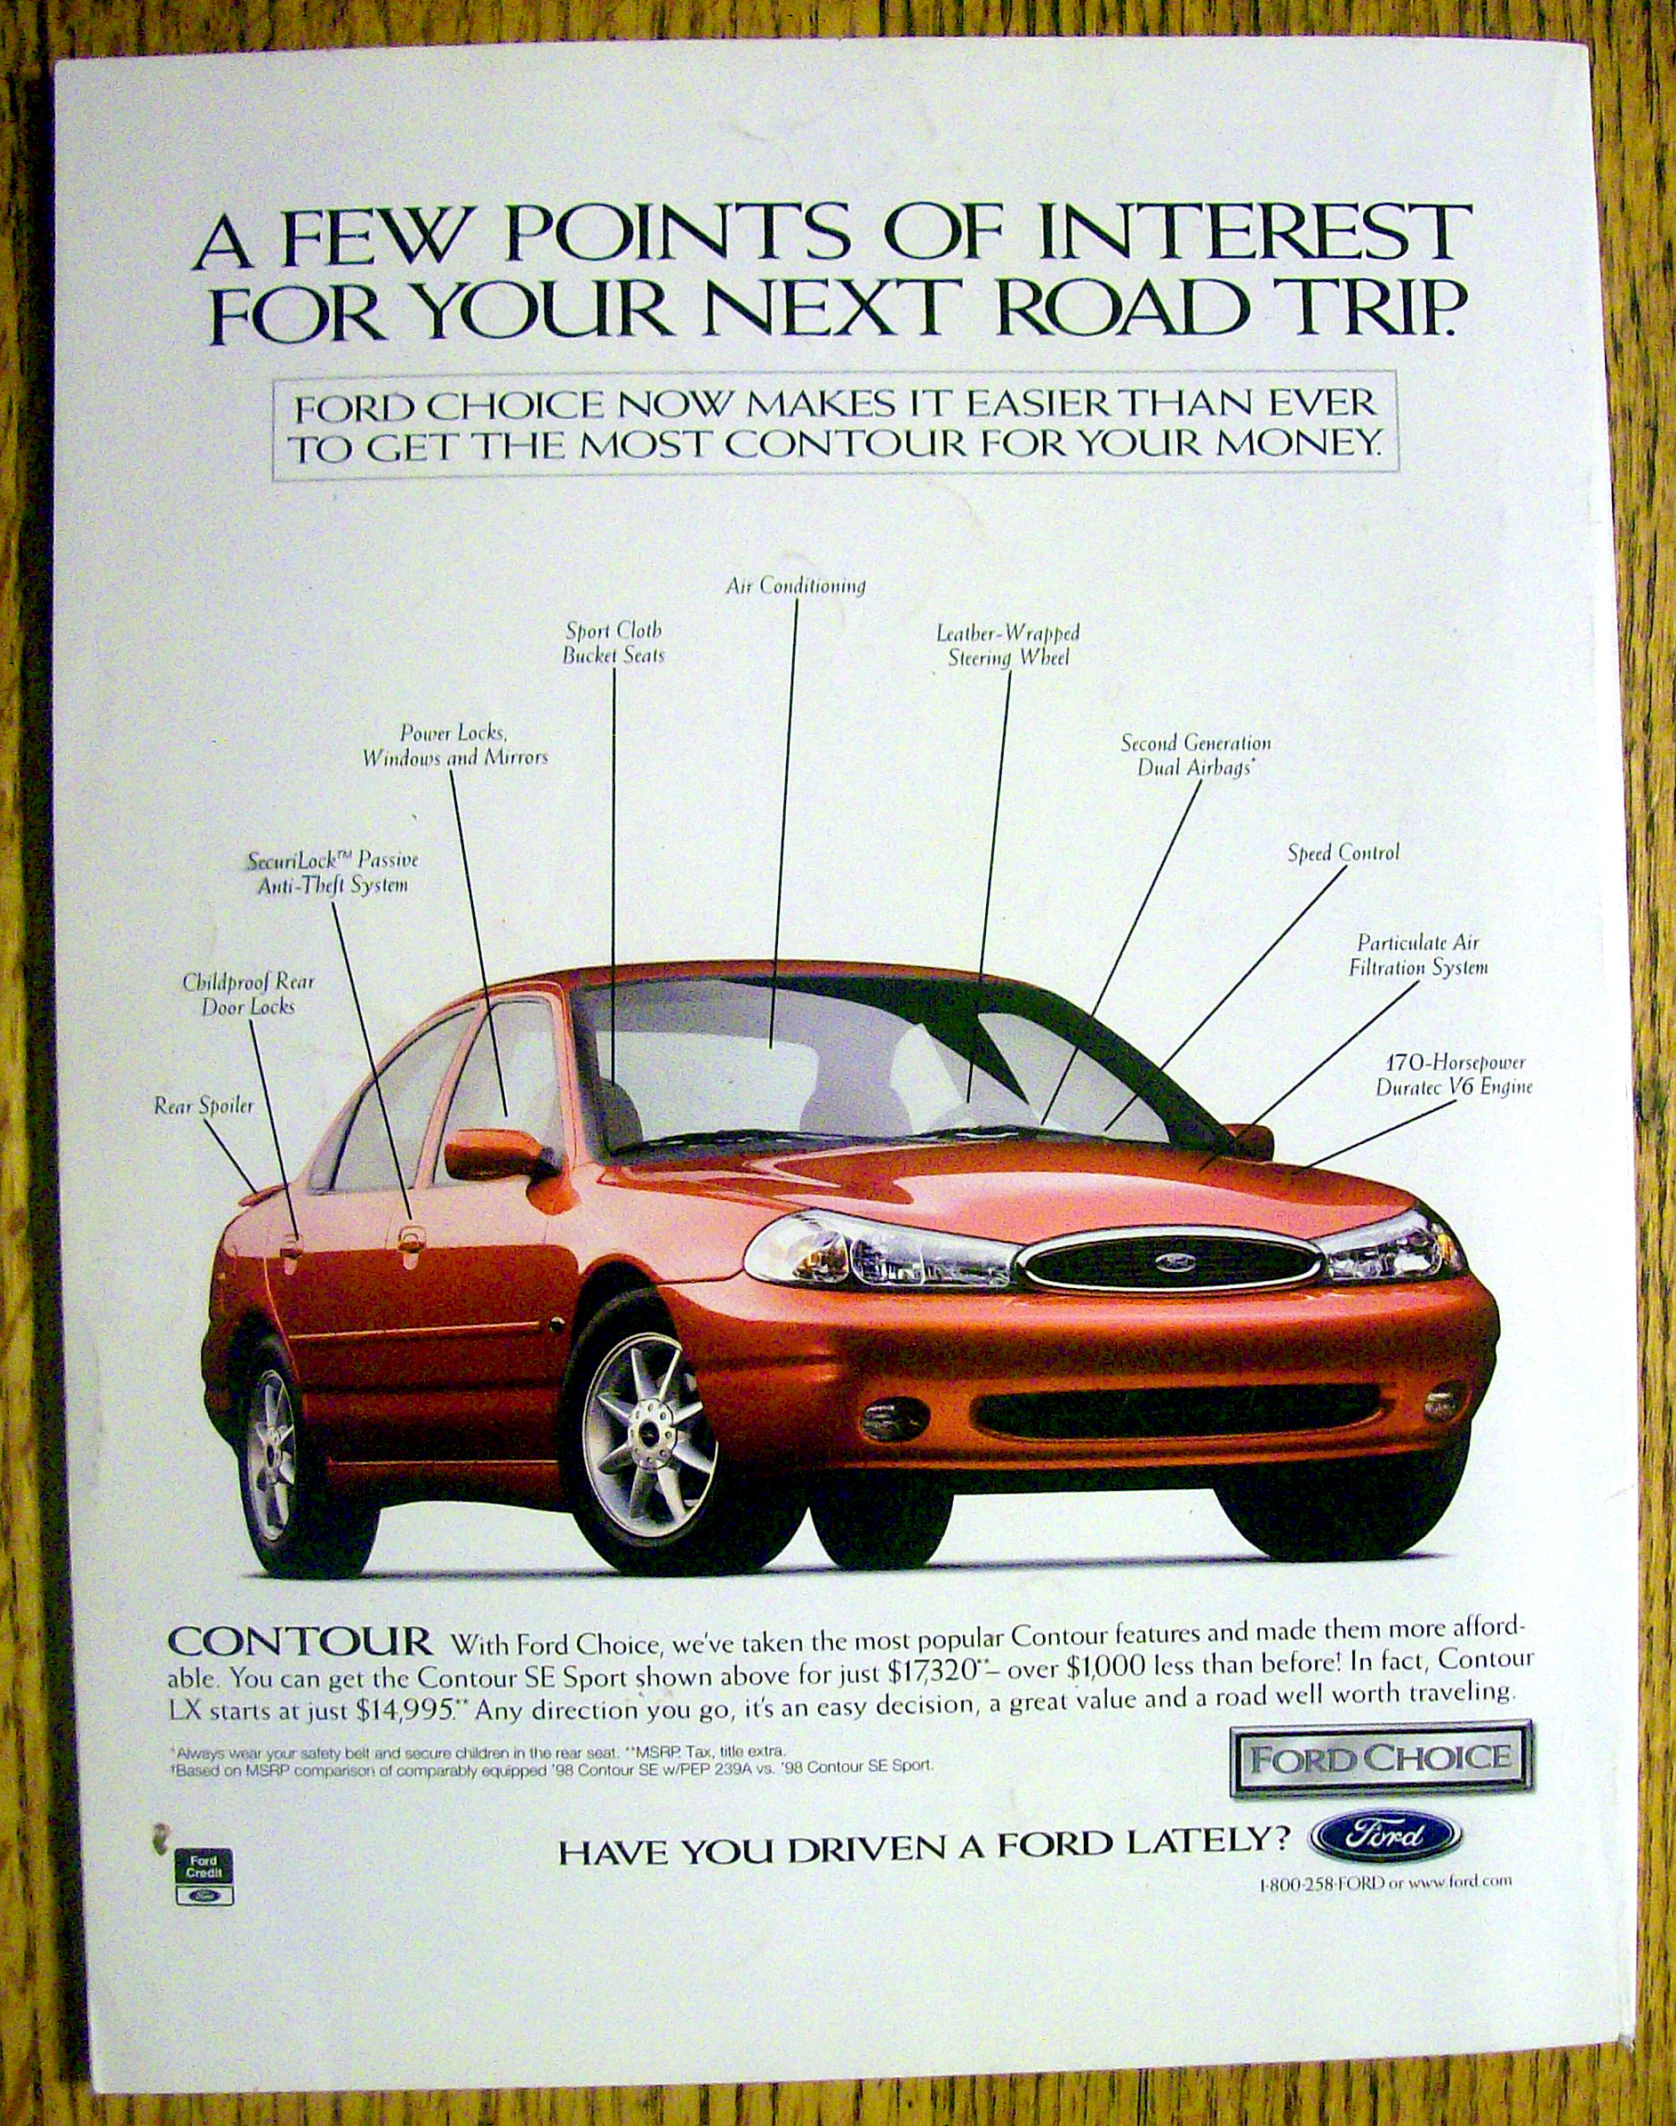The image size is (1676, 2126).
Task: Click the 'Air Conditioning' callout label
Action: coord(796,586)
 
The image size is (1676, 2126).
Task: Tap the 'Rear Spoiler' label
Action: coord(204,1107)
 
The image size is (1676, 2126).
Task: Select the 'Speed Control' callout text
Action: coord(1343,853)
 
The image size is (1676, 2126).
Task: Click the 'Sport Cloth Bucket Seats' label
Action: coord(613,642)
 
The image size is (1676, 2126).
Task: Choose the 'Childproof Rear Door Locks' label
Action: coord(248,995)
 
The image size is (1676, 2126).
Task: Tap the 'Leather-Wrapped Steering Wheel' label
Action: coord(1007,645)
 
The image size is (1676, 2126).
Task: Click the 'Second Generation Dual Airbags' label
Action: coord(1195,755)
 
